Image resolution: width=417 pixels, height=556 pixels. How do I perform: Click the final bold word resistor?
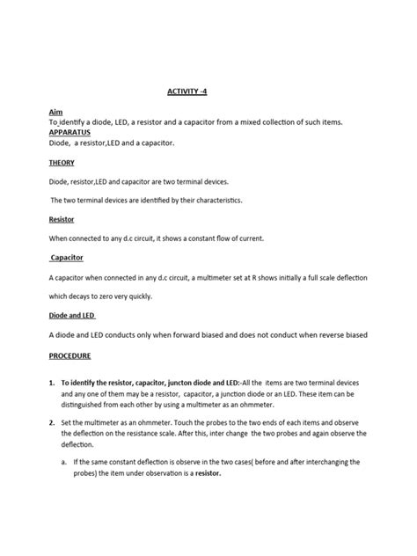(x=201, y=472)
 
